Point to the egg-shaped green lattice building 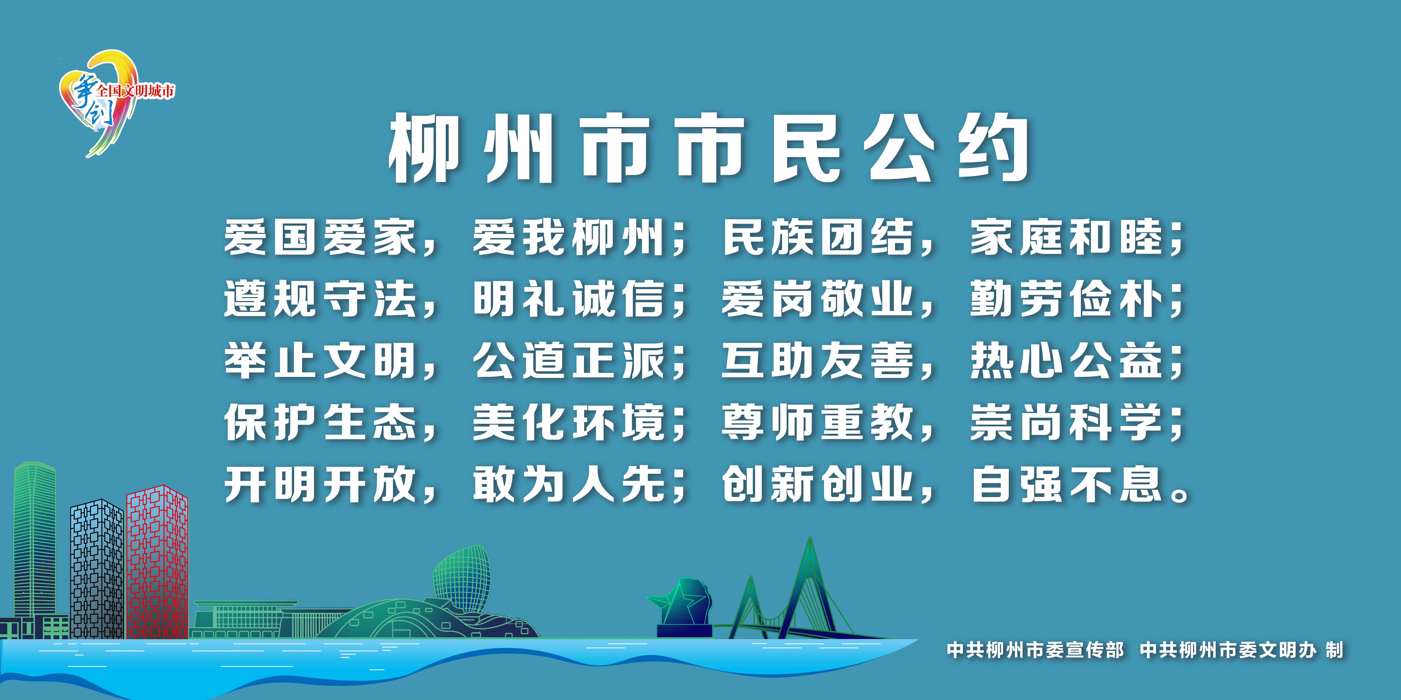[x=461, y=579]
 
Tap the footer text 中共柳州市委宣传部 [x=1035, y=650]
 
